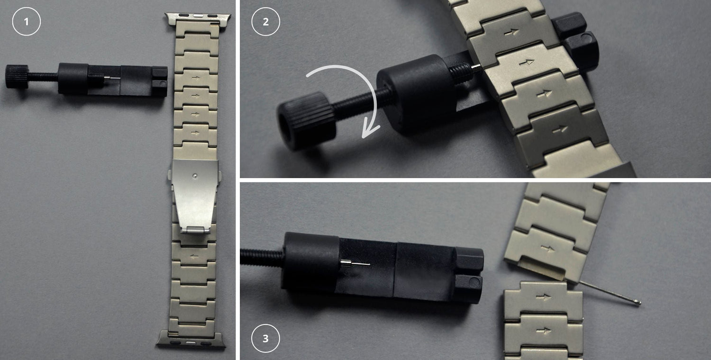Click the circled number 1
(27, 22)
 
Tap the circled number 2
(265, 22)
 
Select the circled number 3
(265, 338)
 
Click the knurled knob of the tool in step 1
(17, 77)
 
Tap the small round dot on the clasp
(195, 176)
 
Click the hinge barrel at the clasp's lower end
(195, 230)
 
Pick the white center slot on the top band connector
(199, 15)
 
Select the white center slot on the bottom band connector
(191, 343)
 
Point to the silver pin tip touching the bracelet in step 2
(476, 67)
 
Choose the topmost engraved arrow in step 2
(511, 32)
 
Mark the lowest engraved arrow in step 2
(560, 129)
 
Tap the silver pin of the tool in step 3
(355, 263)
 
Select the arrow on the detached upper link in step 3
(547, 248)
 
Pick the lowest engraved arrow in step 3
(543, 331)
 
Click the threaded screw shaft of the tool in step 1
(43, 77)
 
